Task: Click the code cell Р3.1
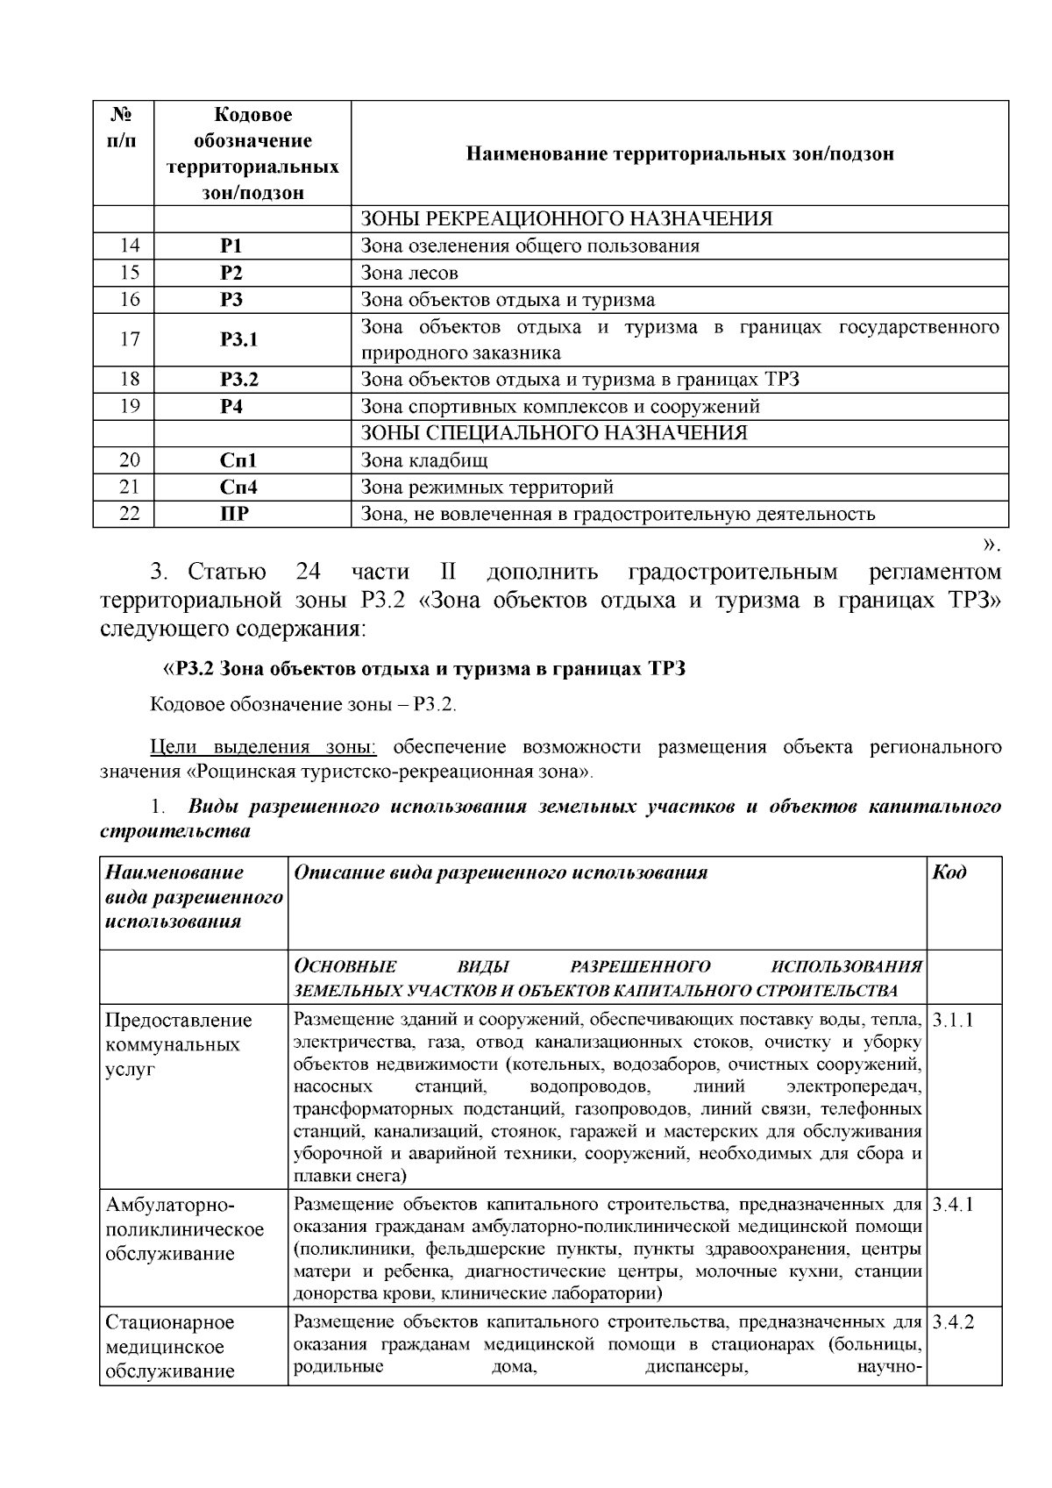(238, 339)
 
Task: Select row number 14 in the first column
(129, 246)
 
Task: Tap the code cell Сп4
(238, 488)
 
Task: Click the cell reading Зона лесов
(409, 273)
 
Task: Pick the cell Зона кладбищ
(424, 460)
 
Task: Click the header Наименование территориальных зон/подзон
(679, 154)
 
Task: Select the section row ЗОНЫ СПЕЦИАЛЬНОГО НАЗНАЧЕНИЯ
(554, 433)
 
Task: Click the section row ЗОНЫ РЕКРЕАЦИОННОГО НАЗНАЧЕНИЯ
(566, 219)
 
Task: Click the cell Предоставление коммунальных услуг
(179, 1044)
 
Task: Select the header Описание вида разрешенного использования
(501, 872)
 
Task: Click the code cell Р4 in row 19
(231, 407)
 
